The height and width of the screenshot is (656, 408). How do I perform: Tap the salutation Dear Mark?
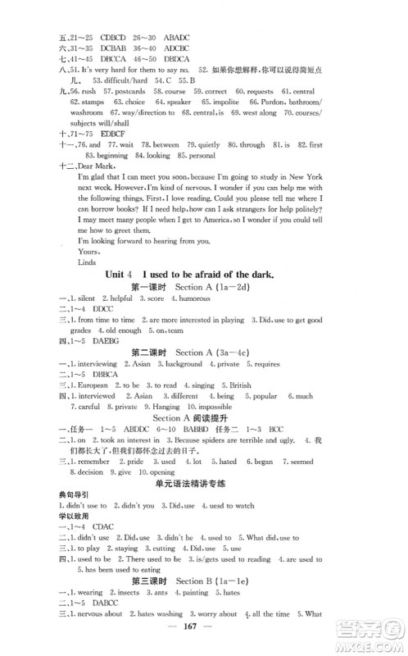click(x=89, y=163)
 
